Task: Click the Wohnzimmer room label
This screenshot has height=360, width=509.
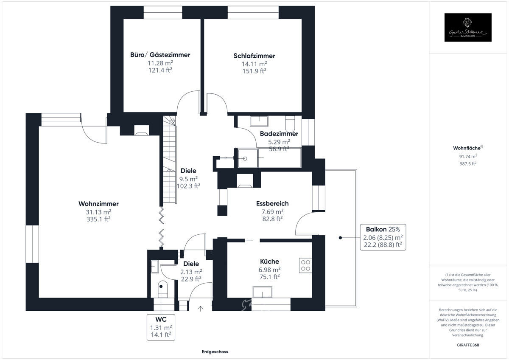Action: click(98, 204)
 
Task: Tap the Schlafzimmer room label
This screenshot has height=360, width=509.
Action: click(254, 56)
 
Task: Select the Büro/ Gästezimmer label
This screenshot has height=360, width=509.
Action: click(160, 55)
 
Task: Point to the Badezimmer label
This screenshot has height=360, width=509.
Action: click(279, 134)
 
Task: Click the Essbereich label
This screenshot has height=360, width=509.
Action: click(272, 204)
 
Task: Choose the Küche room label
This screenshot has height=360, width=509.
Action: click(270, 262)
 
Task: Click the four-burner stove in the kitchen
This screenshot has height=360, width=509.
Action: click(305, 265)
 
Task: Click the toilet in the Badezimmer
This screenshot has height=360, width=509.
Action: click(291, 124)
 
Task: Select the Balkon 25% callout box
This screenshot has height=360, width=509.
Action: click(383, 237)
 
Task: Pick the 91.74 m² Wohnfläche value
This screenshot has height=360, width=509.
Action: click(468, 156)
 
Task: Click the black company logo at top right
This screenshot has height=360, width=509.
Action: click(468, 28)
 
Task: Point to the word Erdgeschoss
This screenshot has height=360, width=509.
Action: click(215, 352)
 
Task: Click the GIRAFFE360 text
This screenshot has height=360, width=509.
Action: click(468, 345)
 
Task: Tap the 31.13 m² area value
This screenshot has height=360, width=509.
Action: click(98, 212)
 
